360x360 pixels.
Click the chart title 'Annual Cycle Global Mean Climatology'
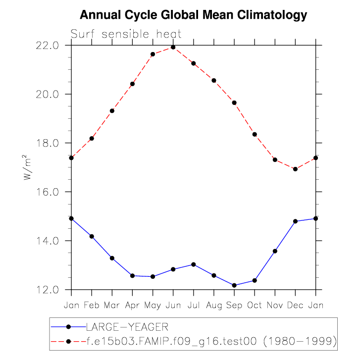(x=194, y=15)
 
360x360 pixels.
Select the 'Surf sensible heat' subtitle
(x=126, y=34)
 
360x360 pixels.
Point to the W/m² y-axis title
(x=29, y=168)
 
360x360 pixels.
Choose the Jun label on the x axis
(x=173, y=306)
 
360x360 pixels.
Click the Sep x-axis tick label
(x=234, y=306)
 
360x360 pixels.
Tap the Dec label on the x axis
(x=295, y=306)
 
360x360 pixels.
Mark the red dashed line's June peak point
(x=173, y=47)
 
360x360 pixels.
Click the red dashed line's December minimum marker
(x=296, y=169)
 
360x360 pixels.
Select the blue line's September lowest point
(x=234, y=285)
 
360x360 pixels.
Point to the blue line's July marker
(x=194, y=264)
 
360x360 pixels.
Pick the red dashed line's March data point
(x=112, y=111)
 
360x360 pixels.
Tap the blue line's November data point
(x=275, y=251)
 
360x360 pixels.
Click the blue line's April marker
(x=132, y=275)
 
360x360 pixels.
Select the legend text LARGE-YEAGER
(x=127, y=327)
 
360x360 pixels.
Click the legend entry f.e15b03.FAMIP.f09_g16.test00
(x=211, y=341)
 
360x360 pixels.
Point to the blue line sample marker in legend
(x=69, y=327)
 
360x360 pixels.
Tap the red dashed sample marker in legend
(x=69, y=341)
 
